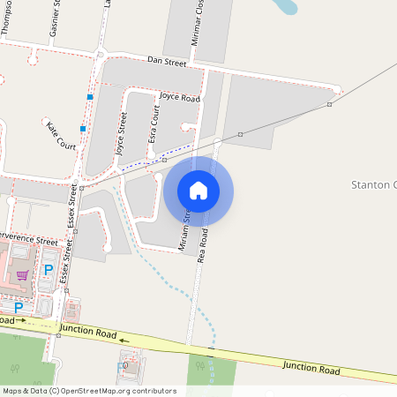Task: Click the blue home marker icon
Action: click(198, 191)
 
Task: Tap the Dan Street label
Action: click(167, 63)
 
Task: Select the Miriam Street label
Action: click(186, 228)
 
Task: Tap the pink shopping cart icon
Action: click(22, 275)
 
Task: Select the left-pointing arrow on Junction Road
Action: click(124, 340)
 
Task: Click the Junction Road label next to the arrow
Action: click(88, 333)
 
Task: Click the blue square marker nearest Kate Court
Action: click(82, 129)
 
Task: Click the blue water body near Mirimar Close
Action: click(287, 8)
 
